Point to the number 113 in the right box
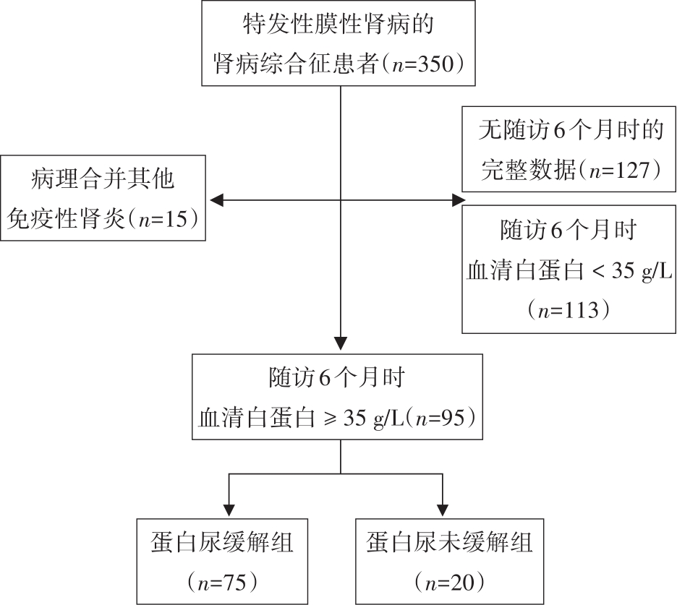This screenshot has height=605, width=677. point(580,310)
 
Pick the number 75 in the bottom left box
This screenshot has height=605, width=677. point(234,583)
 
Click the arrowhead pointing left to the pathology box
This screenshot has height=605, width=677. point(216,200)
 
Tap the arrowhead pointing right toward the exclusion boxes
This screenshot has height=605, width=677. point(459,200)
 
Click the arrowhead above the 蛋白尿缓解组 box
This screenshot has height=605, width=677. point(229,510)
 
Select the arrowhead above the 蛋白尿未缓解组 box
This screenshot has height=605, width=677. point(443,510)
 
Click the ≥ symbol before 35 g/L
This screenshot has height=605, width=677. point(331,418)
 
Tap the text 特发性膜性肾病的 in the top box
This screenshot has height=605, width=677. point(338,24)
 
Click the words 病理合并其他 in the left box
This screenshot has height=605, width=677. point(103,179)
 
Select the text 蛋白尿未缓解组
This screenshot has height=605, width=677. point(449,542)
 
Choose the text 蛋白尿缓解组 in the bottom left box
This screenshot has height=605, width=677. point(222,542)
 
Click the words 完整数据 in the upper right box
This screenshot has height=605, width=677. point(529,170)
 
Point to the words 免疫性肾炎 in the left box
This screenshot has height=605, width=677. point(66,219)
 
